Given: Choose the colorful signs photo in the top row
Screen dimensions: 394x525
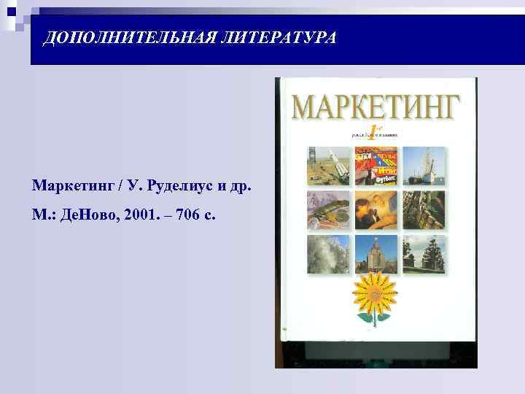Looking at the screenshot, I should tap(376, 165).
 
